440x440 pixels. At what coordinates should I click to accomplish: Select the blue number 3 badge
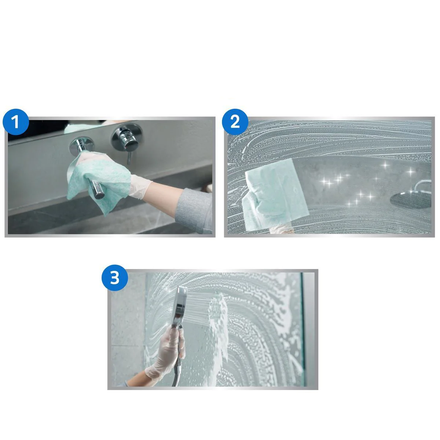pyautogui.click(x=115, y=278)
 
